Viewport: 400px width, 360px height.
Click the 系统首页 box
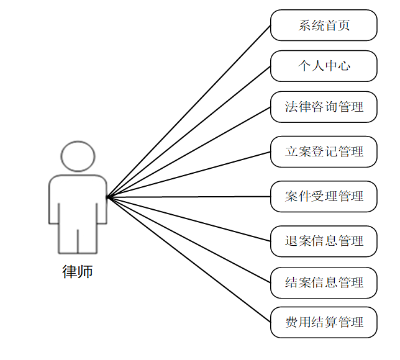pyautogui.click(x=324, y=25)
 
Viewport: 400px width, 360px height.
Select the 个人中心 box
pyautogui.click(x=324, y=66)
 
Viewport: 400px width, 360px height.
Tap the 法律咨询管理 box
pyautogui.click(x=324, y=107)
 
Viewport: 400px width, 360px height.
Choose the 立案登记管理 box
pyautogui.click(x=324, y=151)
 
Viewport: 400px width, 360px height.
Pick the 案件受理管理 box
pyautogui.click(x=324, y=197)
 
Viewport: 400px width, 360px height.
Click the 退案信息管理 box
pyautogui.click(x=324, y=241)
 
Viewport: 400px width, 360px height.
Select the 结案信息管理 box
pyautogui.click(x=324, y=282)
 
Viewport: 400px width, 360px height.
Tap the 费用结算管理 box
pyautogui.click(x=324, y=322)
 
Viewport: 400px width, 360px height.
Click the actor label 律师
pyautogui.click(x=78, y=272)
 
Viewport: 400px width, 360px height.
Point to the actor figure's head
pyautogui.click(x=78, y=156)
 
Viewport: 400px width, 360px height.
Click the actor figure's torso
pyautogui.click(x=78, y=199)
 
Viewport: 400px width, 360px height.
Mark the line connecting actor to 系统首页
pyautogui.click(x=189, y=112)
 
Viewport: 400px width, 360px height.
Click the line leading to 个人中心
pyautogui.click(x=189, y=132)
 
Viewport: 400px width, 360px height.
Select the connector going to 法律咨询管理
pyautogui.click(x=189, y=152)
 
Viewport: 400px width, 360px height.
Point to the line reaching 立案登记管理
pyautogui.click(x=189, y=174)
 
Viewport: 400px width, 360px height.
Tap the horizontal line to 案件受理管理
pyautogui.click(x=189, y=197)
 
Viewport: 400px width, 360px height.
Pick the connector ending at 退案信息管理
pyautogui.click(x=189, y=219)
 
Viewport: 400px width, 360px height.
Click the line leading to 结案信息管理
pyautogui.click(x=189, y=240)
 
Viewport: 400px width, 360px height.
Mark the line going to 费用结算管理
pyautogui.click(x=189, y=259)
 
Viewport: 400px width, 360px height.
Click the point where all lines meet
pyautogui.click(x=107, y=197)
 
